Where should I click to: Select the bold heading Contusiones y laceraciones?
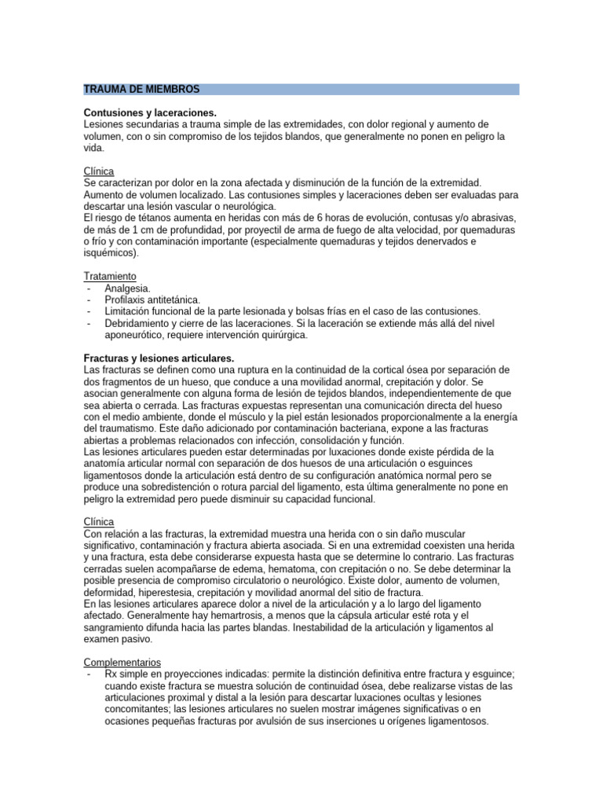[149, 113]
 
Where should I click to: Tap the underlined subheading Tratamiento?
[109, 276]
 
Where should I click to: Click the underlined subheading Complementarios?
[121, 663]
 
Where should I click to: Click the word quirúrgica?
[278, 335]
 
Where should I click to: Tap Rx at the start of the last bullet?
[111, 675]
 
